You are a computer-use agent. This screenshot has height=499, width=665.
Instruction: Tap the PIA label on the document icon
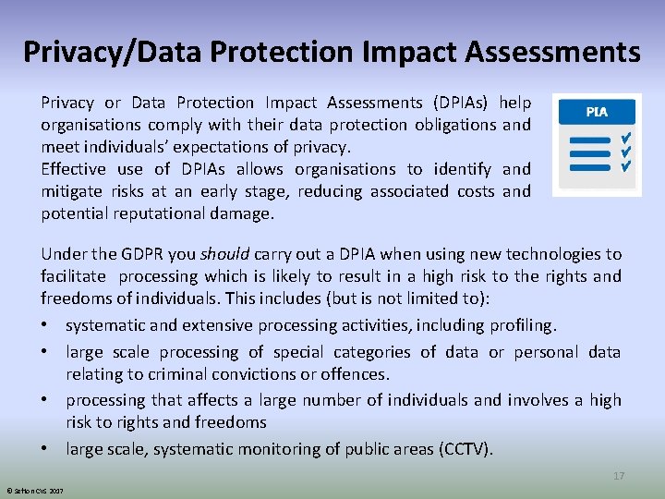tap(597, 111)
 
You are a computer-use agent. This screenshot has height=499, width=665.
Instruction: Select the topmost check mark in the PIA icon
tap(625, 136)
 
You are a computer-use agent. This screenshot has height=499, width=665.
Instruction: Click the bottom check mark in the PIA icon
tap(625, 167)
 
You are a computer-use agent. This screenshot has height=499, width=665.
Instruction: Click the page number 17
tap(619, 476)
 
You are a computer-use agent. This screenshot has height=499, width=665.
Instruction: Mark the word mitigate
tap(73, 191)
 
